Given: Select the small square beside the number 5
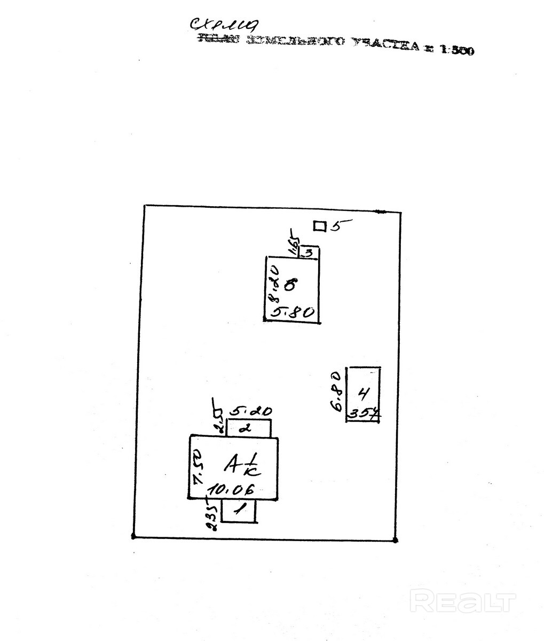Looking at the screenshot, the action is (x=319, y=226).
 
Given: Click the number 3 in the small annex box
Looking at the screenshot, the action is (x=309, y=252).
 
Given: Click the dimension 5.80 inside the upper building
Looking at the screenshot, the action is (x=292, y=312).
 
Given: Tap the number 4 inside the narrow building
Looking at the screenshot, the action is (x=363, y=394).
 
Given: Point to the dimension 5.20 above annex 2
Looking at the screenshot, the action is (x=250, y=412).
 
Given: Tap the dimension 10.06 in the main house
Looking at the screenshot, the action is (x=231, y=489).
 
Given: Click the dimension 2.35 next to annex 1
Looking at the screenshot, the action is (x=212, y=515).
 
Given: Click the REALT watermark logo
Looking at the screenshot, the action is (x=464, y=602).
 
